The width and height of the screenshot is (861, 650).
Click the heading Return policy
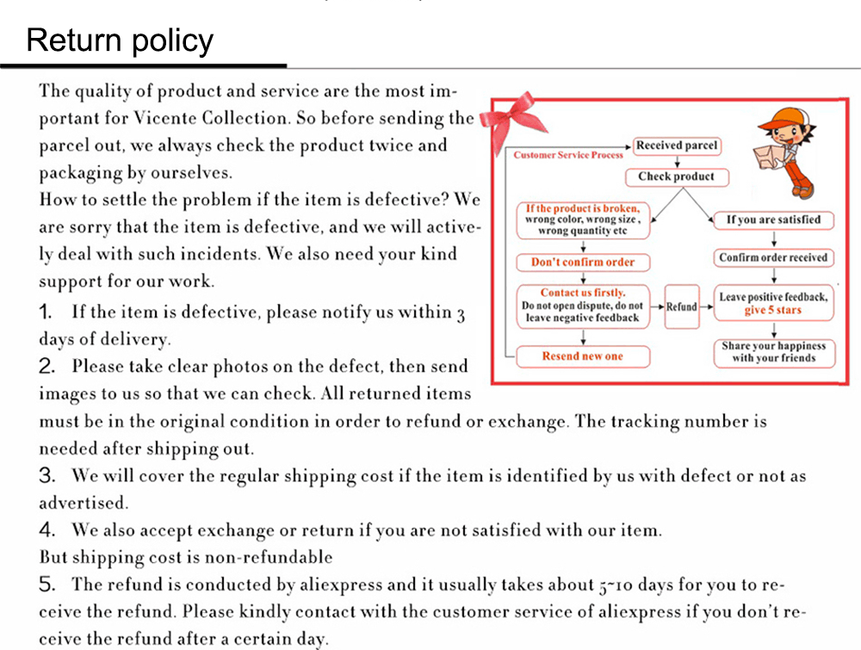[x=120, y=40]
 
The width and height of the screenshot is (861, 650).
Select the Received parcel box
[x=677, y=145]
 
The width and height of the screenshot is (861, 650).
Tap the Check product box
[x=677, y=176]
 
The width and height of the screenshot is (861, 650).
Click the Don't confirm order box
[x=583, y=262]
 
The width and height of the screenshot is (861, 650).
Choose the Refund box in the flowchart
[x=682, y=306]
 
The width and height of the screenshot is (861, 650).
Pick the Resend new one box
[x=583, y=356]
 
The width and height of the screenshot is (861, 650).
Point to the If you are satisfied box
[x=773, y=220]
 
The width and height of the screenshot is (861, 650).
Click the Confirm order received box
[x=773, y=257]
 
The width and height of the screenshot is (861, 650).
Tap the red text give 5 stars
[x=773, y=311]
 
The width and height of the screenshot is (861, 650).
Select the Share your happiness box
[x=774, y=352]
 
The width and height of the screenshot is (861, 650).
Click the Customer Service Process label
[x=568, y=155]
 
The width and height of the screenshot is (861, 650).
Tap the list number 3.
[x=47, y=475]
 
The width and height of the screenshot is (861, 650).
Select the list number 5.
[x=47, y=585]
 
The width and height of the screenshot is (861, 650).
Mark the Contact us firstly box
[x=583, y=306]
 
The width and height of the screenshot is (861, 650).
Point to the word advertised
[x=83, y=502]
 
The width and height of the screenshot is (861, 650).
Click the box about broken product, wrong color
[x=583, y=220]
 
